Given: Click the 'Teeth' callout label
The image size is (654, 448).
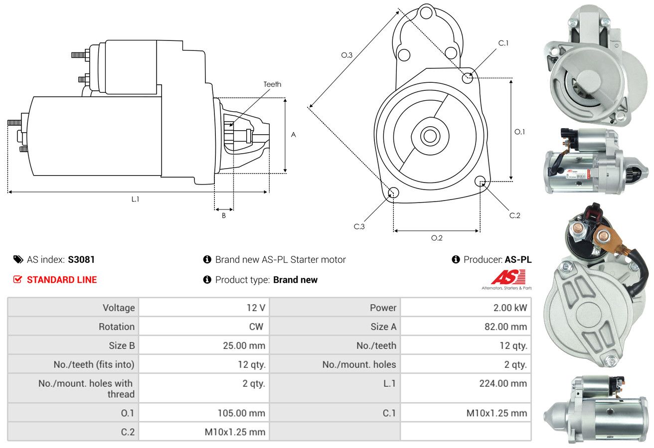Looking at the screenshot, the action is click(272, 84).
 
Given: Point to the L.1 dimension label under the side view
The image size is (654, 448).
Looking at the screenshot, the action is click(135, 199).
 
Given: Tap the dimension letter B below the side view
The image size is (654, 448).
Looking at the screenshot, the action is click(224, 216).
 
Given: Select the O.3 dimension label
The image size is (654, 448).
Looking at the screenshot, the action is click(346, 55).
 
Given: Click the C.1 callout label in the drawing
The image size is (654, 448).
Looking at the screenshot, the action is click(503, 43).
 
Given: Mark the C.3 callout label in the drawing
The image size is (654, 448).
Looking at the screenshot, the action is click(359, 226).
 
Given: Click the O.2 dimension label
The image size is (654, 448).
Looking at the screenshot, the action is click(437, 238).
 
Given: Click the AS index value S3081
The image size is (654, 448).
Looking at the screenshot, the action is click(81, 259).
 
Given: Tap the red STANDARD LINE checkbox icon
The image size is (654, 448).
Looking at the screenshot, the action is click(17, 279).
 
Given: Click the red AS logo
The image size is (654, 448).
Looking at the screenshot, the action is click(508, 277).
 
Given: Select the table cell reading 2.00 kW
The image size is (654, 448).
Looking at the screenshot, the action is click(510, 307).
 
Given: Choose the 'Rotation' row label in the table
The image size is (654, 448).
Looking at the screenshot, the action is click(117, 326).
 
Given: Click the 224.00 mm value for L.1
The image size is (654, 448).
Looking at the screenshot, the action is click(503, 383).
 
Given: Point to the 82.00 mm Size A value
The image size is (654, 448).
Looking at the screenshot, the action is click(505, 326).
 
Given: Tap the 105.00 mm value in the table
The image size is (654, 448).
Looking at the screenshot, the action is click(241, 413).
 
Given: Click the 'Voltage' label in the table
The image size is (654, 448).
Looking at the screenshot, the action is click(119, 307).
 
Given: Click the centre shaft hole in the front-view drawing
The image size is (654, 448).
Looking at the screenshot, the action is click(430, 136).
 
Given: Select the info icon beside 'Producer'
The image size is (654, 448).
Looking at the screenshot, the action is click(456, 259).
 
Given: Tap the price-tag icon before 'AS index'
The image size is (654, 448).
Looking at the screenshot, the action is click(18, 259).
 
